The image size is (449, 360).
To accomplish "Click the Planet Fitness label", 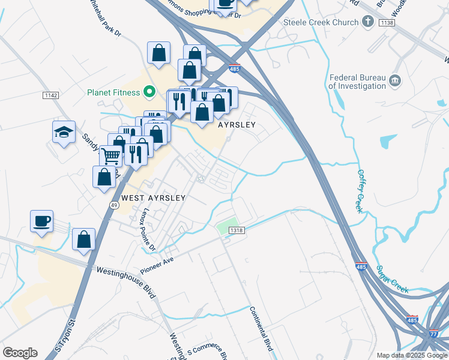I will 113,92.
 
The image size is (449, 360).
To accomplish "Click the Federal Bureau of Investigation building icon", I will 395,80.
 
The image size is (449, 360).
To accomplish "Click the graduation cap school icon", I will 63,132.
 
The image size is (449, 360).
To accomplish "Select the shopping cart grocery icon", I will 110,156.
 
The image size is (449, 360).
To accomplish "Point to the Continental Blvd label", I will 261,329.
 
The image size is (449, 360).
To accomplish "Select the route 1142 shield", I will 50,95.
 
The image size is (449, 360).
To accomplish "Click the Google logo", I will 20,352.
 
